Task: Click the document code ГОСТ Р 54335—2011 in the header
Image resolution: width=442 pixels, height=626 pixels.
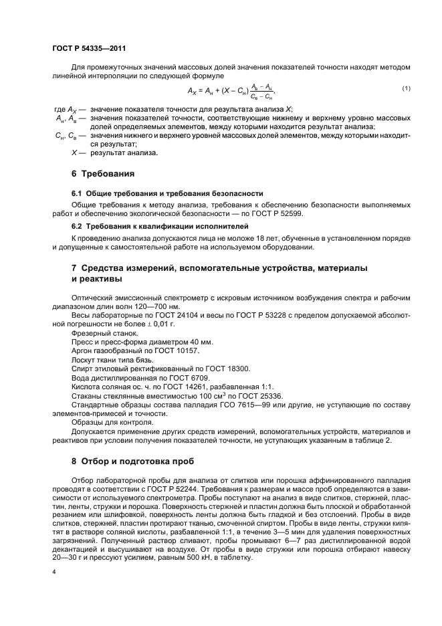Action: [89, 49]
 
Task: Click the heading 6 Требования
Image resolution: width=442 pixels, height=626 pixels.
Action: [103, 174]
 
